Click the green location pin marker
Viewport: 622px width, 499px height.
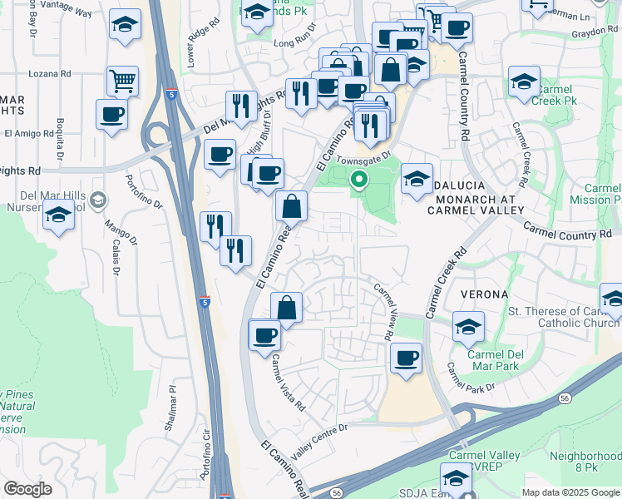click(359, 178)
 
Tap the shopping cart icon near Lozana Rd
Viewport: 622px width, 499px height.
click(122, 81)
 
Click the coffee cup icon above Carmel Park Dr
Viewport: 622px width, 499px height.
click(406, 358)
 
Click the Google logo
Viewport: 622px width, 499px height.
click(27, 489)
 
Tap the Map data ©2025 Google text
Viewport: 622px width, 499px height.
click(570, 492)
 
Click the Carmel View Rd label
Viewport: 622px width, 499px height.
click(383, 311)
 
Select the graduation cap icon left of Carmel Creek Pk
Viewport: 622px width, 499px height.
click(524, 82)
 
